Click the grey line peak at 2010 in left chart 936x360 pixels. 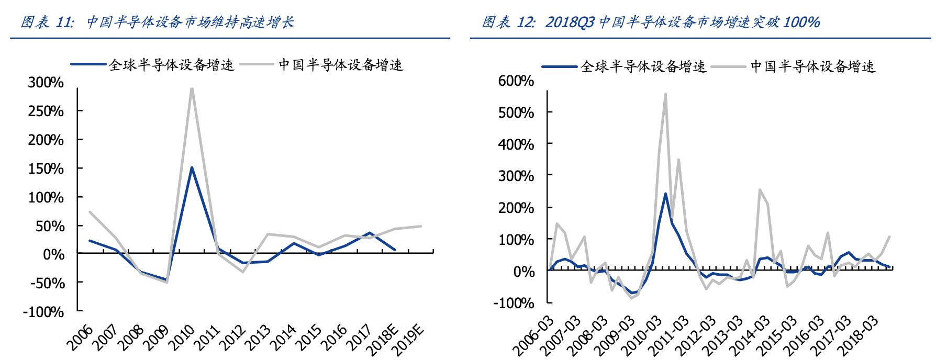(x=192, y=88)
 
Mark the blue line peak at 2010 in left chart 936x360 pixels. (x=192, y=167)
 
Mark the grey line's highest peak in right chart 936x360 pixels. (x=665, y=94)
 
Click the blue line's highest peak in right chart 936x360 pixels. (x=665, y=194)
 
